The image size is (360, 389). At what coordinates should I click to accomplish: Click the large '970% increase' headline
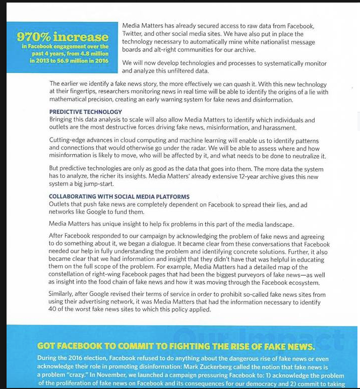pos(63,37)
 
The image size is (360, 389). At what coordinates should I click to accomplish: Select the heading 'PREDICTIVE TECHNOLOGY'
pos(85,112)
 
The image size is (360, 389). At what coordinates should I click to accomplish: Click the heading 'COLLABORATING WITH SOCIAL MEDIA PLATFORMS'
pos(119,197)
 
